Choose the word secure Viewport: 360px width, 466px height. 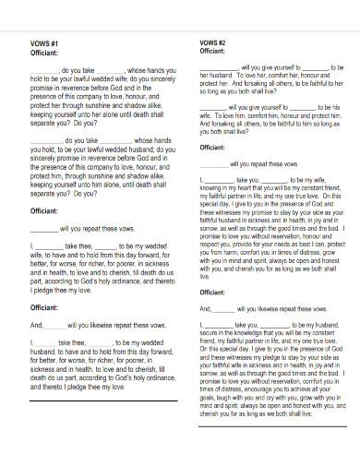click(210, 333)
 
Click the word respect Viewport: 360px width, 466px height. click(211, 245)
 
